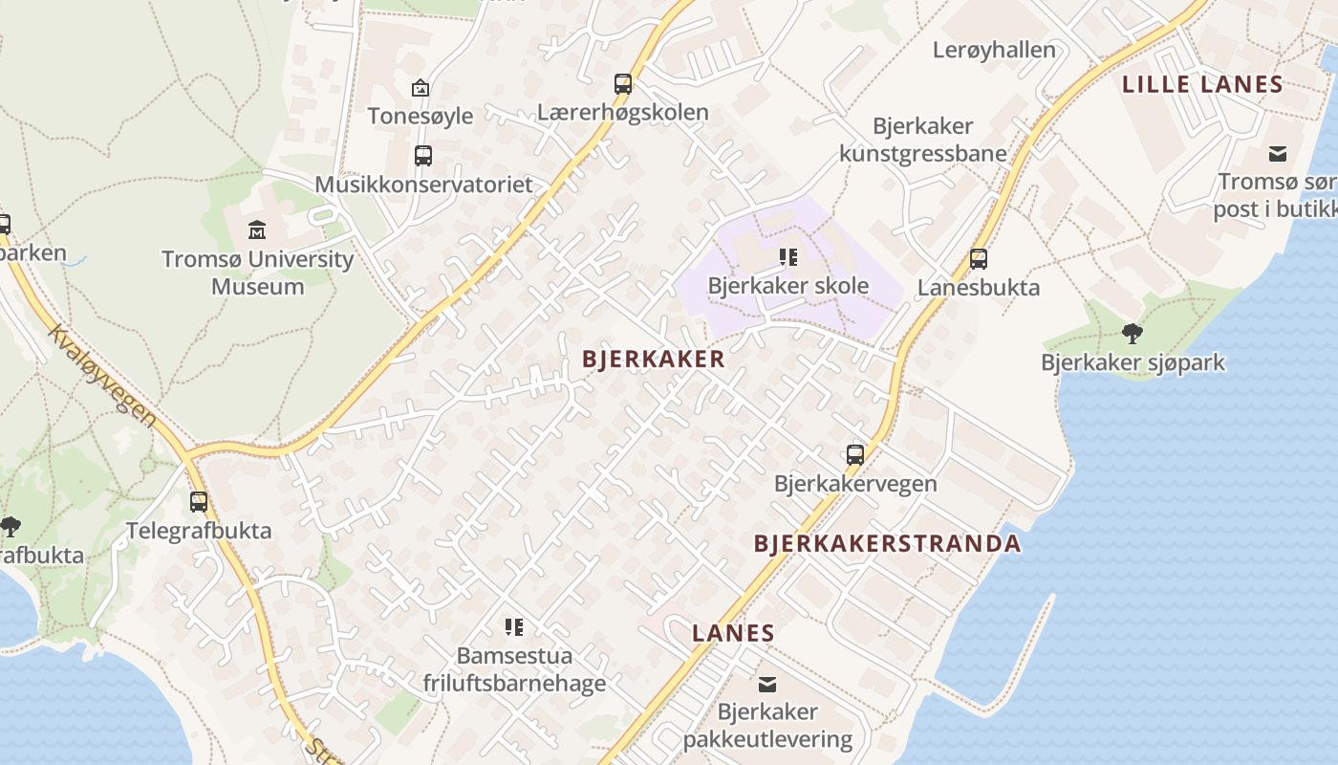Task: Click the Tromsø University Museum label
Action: (x=257, y=273)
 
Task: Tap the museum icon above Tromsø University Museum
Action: (x=257, y=230)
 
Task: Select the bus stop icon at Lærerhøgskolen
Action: (x=623, y=84)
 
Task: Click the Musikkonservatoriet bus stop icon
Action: (x=422, y=155)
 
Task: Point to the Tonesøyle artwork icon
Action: (x=420, y=88)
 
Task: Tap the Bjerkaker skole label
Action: (x=788, y=286)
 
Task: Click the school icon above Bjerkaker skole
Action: (x=788, y=257)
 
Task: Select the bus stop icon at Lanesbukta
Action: (x=978, y=259)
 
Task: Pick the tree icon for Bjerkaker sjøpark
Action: (x=1133, y=334)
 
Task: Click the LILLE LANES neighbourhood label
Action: (x=1202, y=84)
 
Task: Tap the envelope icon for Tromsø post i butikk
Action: (x=1278, y=154)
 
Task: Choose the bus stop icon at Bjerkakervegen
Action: (x=855, y=455)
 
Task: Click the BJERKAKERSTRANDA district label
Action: (x=887, y=544)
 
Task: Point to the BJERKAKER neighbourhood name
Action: (x=654, y=360)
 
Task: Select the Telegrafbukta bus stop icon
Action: (x=199, y=502)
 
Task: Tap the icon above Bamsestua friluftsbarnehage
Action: (x=514, y=627)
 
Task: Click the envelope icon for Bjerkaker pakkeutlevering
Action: (x=766, y=684)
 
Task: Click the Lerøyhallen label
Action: (x=994, y=50)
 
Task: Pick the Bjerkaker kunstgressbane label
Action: (x=923, y=140)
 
